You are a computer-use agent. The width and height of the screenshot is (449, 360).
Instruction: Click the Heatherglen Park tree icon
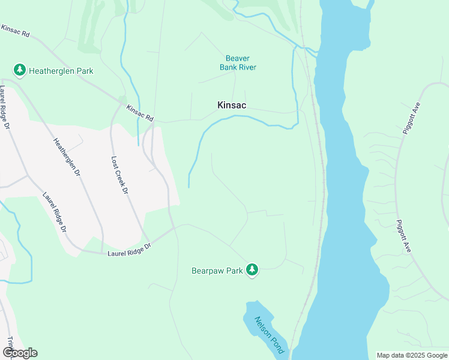pos(20,71)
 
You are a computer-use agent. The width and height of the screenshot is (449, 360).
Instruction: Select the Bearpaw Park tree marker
pos(253,271)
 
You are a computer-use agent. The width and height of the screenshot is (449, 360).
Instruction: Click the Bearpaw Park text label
pos(217,271)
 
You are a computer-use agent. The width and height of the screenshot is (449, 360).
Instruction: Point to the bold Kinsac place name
pos(232,105)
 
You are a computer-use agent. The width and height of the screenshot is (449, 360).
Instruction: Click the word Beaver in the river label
pos(237,58)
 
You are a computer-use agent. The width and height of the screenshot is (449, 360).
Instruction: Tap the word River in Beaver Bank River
pos(247,67)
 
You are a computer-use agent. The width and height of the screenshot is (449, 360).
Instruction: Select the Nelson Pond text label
pos(268,334)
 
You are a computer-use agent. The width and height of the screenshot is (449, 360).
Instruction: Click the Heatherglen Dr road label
pos(67,158)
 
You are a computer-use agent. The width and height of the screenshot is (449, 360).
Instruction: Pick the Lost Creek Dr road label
pos(120,175)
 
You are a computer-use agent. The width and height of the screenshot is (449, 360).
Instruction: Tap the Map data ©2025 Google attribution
pos(412,355)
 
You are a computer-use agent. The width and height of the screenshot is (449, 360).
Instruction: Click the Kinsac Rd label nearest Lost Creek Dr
pos(140,113)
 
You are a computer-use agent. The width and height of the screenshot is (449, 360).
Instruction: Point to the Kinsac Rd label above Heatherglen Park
pos(16,31)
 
